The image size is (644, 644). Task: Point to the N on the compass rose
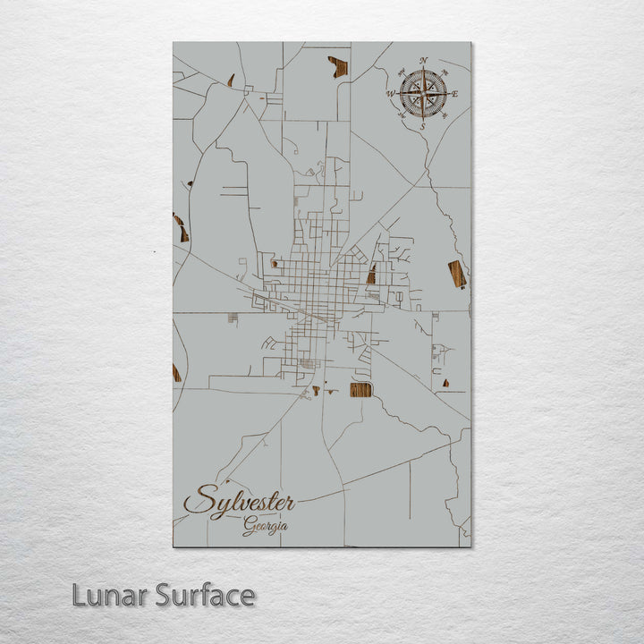pyautogui.click(x=423, y=61)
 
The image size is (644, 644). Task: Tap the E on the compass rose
pyautogui.click(x=454, y=93)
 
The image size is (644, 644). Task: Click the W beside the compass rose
pyautogui.click(x=391, y=92)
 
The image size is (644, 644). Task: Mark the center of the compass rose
pyautogui.click(x=423, y=93)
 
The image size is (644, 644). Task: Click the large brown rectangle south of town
pyautogui.click(x=360, y=389)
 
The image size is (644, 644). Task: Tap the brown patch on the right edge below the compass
pyautogui.click(x=457, y=274)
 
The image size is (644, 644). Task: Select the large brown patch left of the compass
pyautogui.click(x=338, y=65)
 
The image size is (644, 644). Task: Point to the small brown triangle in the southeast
pyautogui.click(x=445, y=383)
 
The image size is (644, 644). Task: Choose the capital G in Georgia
pyautogui.click(x=247, y=527)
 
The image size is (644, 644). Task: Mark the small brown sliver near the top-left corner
pyautogui.click(x=231, y=80)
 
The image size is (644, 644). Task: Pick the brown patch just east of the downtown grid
pyautogui.click(x=371, y=275)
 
